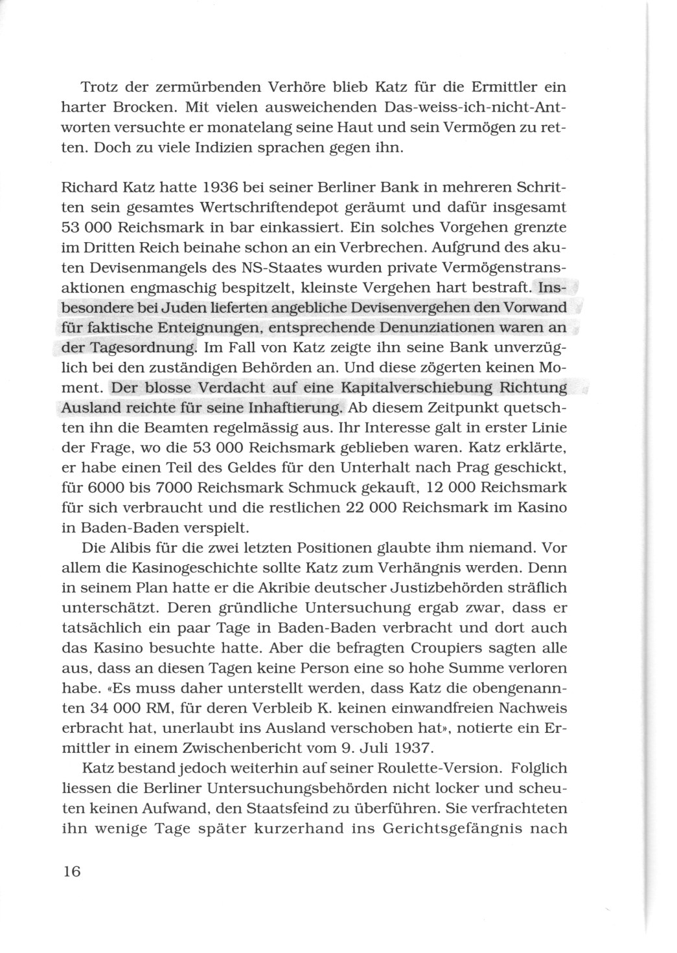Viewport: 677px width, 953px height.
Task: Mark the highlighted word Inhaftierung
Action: tap(295, 409)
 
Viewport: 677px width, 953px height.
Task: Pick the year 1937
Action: tap(407, 748)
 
